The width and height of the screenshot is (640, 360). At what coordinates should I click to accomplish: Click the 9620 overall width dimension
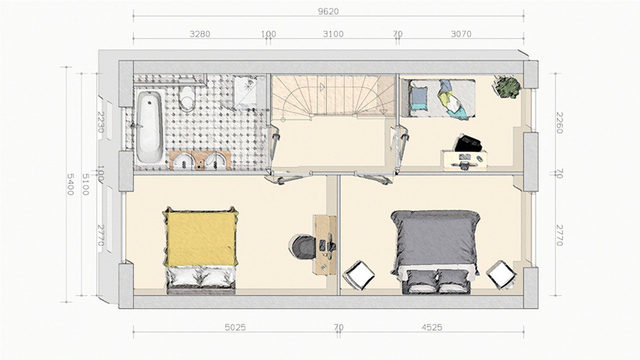pos(328,12)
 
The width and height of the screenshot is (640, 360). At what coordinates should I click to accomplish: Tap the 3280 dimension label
pos(200,34)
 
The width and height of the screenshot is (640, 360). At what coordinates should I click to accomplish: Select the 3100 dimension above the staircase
pos(333,34)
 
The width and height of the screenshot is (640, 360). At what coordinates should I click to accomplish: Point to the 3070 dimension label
pos(461,34)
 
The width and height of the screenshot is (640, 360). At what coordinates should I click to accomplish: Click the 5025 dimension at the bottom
pos(235,328)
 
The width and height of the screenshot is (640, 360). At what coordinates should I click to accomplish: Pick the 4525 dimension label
pos(432,328)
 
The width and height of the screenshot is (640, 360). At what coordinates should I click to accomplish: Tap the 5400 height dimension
pos(70,184)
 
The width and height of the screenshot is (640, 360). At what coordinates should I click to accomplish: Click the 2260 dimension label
pos(560,123)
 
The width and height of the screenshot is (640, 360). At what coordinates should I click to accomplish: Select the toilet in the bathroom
pos(187,98)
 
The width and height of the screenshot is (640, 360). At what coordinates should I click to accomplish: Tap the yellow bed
pos(200,250)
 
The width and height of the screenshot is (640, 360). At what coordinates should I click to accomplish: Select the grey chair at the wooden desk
pos(303,247)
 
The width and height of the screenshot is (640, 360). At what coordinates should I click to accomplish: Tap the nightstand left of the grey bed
pos(359,275)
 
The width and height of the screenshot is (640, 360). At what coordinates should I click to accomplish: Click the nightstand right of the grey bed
pos(502,275)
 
